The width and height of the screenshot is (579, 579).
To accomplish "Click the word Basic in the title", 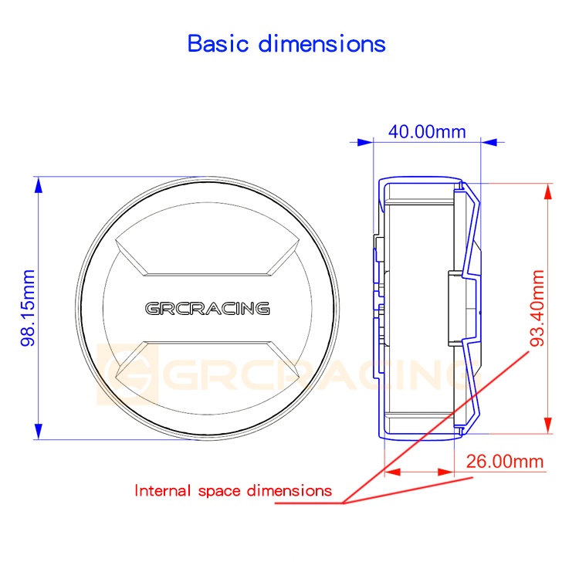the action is click(218, 43).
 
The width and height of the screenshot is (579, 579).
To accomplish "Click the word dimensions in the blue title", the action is click(322, 43).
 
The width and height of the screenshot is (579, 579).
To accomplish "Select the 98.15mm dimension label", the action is click(28, 307).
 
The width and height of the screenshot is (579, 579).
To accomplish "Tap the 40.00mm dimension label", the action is click(427, 132).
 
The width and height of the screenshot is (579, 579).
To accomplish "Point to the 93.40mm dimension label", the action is click(537, 308).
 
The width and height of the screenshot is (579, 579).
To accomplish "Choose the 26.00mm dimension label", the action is click(505, 462).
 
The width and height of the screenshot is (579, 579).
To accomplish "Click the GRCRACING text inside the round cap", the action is click(207, 308).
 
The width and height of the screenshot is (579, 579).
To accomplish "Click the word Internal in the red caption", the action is click(162, 491).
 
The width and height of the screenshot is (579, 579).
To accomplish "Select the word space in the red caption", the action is click(219, 492).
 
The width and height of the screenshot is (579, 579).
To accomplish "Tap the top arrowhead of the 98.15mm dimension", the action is click(39, 185).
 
